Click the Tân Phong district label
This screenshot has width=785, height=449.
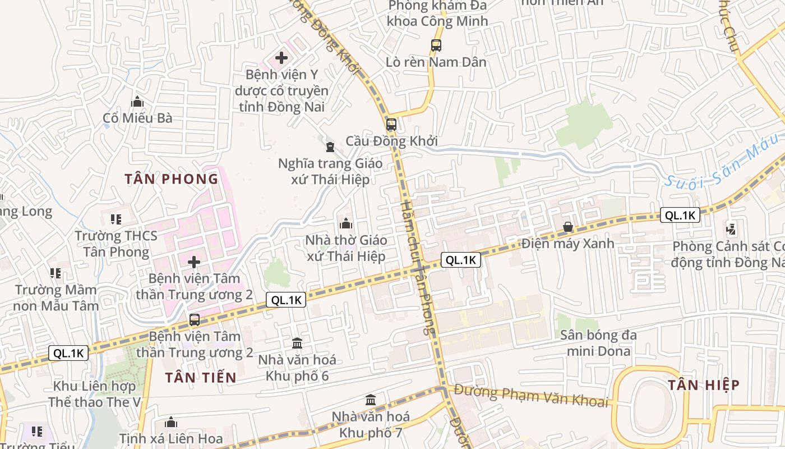(171, 179)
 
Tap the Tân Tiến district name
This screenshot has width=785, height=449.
(201, 378)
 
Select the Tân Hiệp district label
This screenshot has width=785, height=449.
(704, 385)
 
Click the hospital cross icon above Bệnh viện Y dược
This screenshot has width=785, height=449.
(281, 57)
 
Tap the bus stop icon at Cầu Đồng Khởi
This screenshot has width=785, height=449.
(391, 125)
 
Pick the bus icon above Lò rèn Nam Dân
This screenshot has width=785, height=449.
(436, 45)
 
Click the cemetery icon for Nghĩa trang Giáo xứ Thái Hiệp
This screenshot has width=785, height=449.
(330, 147)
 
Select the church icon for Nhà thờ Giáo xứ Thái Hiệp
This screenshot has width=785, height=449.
(346, 223)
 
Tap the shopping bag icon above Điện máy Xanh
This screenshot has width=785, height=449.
(568, 227)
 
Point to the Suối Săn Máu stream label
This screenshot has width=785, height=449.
(723, 162)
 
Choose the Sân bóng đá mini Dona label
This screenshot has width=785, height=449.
(598, 343)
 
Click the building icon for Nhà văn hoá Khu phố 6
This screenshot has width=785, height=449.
(297, 343)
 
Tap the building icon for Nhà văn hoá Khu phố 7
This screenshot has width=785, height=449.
(371, 400)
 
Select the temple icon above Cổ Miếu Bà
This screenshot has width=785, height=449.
(137, 102)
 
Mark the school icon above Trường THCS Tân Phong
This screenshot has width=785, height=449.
(116, 219)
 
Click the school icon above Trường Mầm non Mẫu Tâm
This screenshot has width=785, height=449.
(55, 273)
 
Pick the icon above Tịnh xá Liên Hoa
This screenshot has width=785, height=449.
(171, 422)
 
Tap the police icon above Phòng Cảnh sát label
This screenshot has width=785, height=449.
(731, 228)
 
